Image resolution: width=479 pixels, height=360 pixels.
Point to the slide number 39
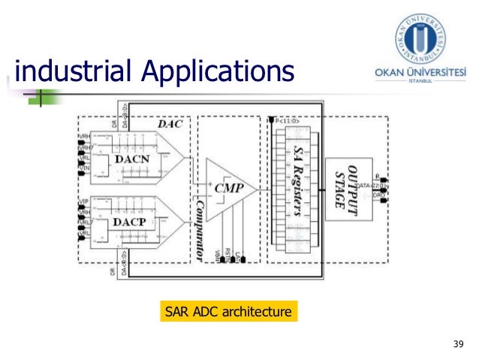(459, 345)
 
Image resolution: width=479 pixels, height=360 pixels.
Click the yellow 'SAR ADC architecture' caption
(228, 310)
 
